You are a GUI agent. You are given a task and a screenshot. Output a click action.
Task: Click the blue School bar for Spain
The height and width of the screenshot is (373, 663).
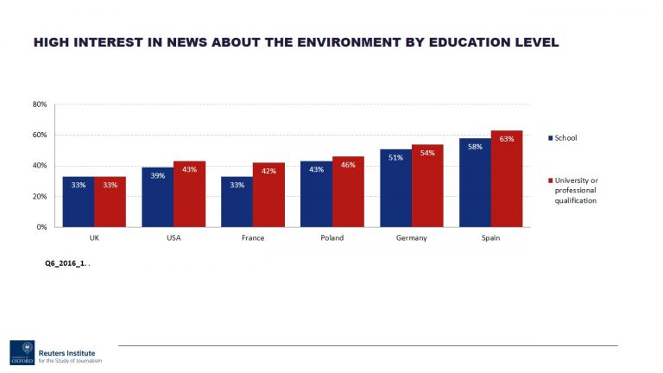475,182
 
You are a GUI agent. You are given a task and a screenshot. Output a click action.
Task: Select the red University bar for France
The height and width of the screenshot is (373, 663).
268,194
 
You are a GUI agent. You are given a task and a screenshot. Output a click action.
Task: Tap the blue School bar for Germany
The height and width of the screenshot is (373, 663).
395,187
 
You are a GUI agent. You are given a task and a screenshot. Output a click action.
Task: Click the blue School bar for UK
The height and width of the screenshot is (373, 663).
79,201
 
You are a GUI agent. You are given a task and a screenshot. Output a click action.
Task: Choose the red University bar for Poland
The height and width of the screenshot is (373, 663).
348,191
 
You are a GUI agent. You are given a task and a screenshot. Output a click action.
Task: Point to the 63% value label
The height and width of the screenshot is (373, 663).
507,138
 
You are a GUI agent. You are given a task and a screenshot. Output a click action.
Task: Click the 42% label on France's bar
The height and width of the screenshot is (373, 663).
268,171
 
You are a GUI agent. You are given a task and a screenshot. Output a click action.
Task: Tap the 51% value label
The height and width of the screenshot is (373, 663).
395,157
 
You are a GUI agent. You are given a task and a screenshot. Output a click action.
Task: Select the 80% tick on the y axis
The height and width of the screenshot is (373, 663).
40,104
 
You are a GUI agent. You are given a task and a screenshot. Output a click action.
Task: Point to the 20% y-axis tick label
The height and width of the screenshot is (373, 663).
40,196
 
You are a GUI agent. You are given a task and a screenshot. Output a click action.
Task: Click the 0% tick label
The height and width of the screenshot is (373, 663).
41,227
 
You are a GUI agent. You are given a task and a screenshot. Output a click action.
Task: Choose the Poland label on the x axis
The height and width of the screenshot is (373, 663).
332,239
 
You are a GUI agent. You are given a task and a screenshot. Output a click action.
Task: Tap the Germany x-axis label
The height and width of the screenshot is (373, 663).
412,239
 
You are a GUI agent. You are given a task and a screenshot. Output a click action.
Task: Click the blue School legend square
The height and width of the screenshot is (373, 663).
551,138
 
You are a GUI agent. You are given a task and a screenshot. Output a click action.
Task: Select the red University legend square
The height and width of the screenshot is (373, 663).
551,180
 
